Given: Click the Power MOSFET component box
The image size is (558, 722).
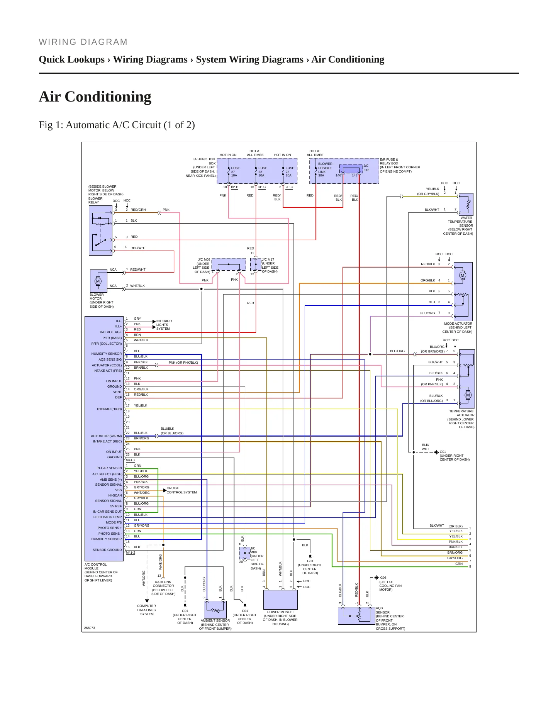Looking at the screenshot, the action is [280, 600].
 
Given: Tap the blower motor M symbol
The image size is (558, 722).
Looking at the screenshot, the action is [98, 281].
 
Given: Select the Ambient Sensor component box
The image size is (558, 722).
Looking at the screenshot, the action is [215, 610].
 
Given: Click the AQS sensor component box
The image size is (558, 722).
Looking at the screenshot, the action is [356, 615].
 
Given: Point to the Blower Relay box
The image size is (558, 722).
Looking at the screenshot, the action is [101, 230].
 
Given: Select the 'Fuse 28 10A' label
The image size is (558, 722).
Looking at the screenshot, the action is [290, 172].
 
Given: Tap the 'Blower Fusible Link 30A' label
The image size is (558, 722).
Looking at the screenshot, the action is [325, 169].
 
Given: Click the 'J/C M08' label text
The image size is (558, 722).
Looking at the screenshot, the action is [204, 260].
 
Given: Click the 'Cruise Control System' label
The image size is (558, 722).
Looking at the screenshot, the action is [181, 490].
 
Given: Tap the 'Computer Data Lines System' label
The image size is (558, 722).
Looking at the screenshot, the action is [147, 610].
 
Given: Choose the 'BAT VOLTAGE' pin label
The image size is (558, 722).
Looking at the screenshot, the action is [111, 332].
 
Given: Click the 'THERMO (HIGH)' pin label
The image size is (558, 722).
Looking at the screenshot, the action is [109, 409].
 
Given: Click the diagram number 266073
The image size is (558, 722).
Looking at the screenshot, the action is [90, 628].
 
